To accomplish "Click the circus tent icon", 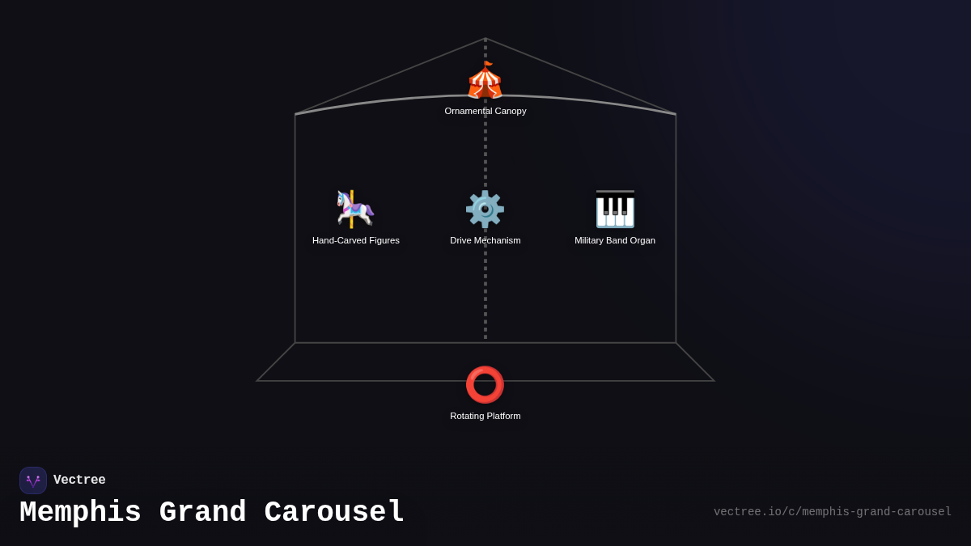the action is click(485, 80).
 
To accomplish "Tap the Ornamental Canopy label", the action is click(485, 111).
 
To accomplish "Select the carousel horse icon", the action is click(355, 209).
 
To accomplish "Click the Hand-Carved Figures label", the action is click(355, 240).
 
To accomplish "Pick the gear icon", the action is click(485, 210).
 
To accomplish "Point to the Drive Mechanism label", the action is click(485, 240).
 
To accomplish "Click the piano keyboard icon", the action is click(615, 209).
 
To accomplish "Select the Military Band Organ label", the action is click(615, 240).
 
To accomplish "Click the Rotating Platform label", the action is click(485, 416).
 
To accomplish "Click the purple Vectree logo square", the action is click(33, 480).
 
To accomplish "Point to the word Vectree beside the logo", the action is click(79, 480).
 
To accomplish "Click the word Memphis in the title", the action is click(80, 513).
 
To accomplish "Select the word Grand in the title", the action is click(202, 513).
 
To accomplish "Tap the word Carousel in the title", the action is click(333, 513).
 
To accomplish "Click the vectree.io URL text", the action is click(833, 512).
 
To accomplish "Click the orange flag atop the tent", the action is click(488, 64).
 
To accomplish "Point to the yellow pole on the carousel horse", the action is click(351, 209).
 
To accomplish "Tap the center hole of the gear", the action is click(485, 210).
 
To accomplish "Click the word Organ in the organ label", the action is click(643, 241).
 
